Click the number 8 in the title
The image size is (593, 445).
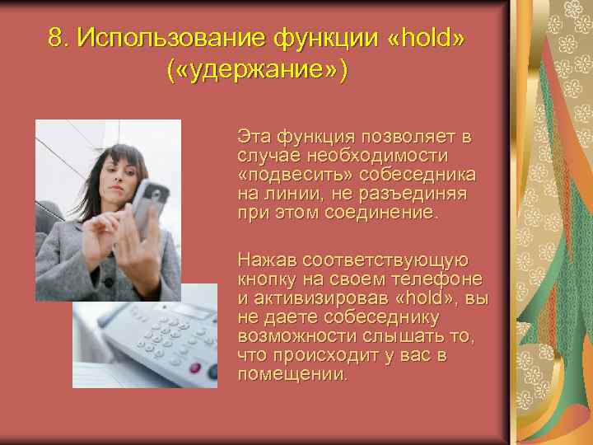pyautogui.click(x=55, y=37)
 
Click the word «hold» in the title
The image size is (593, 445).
pyautogui.click(x=431, y=37)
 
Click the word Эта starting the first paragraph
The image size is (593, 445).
pyautogui.click(x=254, y=136)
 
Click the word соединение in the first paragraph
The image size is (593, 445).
pyautogui.click(x=375, y=213)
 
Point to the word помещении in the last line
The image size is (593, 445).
pyautogui.click(x=292, y=374)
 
